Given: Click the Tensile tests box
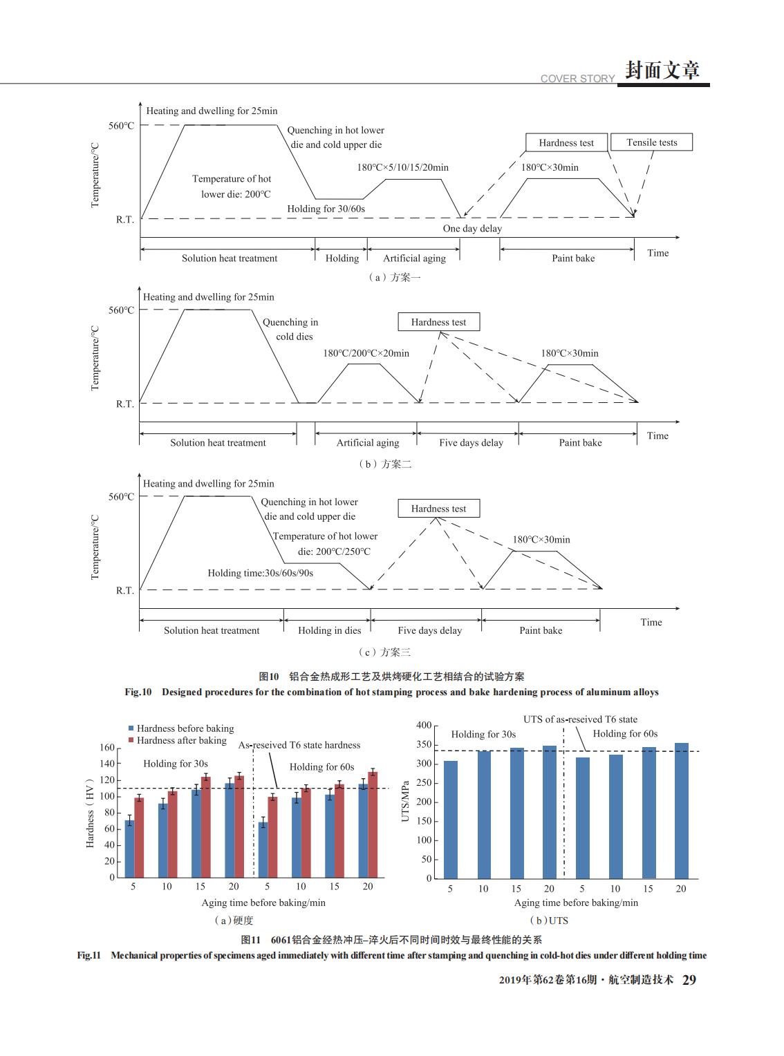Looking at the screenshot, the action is (651, 142).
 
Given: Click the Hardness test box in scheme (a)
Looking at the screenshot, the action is (566, 142).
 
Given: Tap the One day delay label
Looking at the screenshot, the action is (472, 229).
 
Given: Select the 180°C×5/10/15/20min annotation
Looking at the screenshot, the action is (402, 167).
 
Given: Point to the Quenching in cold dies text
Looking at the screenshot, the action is (290, 329).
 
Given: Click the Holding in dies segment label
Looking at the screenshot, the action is (329, 630).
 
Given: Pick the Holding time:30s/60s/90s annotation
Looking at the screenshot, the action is (260, 573).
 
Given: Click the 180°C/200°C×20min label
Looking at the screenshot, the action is (366, 353).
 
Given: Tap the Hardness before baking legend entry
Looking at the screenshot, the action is (181, 728).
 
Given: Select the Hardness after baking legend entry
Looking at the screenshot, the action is (177, 740).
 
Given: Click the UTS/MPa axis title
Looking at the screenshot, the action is (405, 801).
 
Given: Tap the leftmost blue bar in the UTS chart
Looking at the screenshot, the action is (450, 820).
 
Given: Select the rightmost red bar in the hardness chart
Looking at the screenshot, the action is (373, 825).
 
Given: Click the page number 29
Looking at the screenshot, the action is (689, 980).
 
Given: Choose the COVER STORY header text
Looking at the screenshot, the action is (577, 79).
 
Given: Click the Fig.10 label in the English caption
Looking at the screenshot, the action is (138, 692).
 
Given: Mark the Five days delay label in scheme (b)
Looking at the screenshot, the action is (471, 443).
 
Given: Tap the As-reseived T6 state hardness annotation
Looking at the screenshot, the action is (299, 745).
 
